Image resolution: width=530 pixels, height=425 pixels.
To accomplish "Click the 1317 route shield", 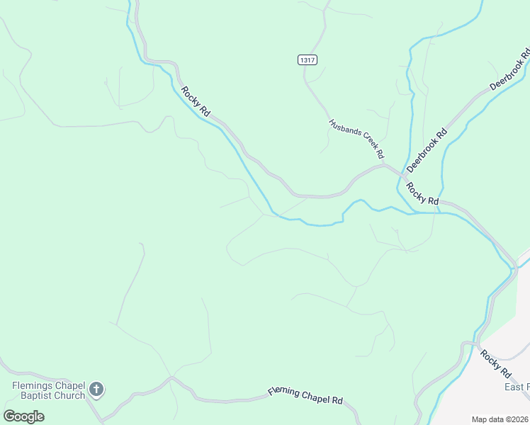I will pyautogui.click(x=307, y=60).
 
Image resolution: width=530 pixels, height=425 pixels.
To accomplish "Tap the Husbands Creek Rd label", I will pyautogui.click(x=356, y=138).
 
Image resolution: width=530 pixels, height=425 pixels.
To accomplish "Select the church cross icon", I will pyautogui.click(x=97, y=390).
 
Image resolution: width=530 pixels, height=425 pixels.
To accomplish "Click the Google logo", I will pyautogui.click(x=23, y=416).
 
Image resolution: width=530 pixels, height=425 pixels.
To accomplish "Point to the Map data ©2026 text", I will pyautogui.click(x=500, y=419).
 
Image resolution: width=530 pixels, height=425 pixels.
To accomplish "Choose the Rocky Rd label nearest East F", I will pyautogui.click(x=495, y=363).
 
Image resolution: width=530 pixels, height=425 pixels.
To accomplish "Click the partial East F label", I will pyautogui.click(x=517, y=387).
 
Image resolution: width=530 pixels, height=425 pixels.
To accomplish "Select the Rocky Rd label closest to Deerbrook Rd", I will pyautogui.click(x=422, y=194).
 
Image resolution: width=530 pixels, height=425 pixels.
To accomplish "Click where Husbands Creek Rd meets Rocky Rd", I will pyautogui.click(x=385, y=167).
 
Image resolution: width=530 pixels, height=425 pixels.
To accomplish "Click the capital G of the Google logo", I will pyautogui.click(x=9, y=416).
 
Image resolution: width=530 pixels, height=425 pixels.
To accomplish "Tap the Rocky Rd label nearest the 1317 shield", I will pyautogui.click(x=196, y=101).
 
